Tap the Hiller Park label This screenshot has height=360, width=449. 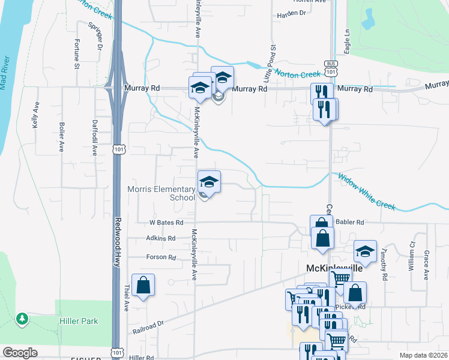pos(79,321)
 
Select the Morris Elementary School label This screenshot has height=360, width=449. pos(161,193)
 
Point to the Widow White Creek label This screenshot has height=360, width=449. pos(366,192)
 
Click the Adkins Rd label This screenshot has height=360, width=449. pos(160,238)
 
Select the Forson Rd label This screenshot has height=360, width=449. pos(160,257)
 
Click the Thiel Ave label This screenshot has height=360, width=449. pos(127,297)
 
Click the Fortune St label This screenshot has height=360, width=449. pos(77,53)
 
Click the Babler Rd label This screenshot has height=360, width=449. pos(351,222)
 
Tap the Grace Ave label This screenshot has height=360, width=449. pos(426,265)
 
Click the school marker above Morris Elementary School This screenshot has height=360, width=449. pos(209,181)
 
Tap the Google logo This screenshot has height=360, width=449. pos(20,353)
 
